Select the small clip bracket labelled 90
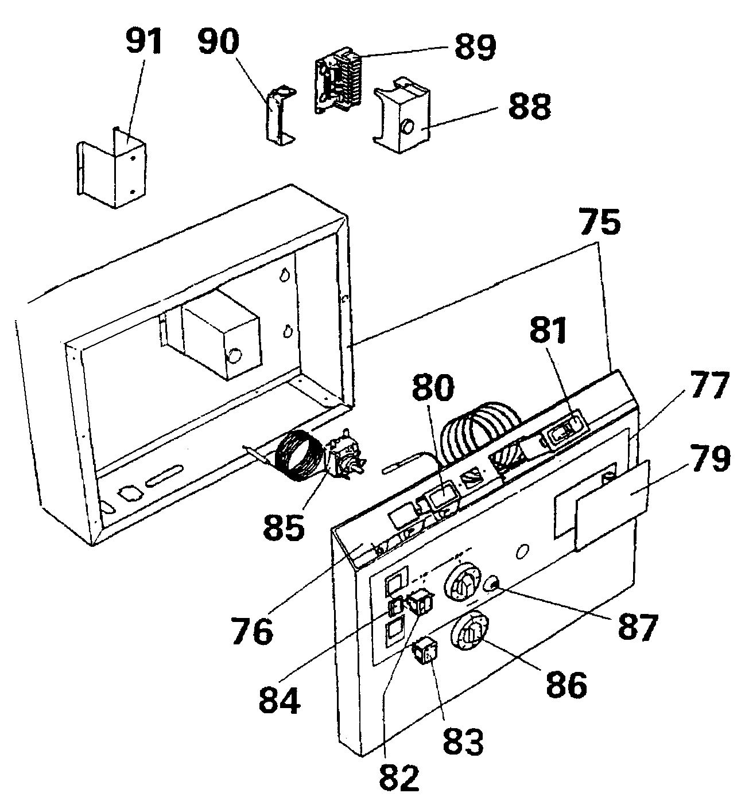point(278,115)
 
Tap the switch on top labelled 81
point(562,436)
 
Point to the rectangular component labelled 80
point(443,497)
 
